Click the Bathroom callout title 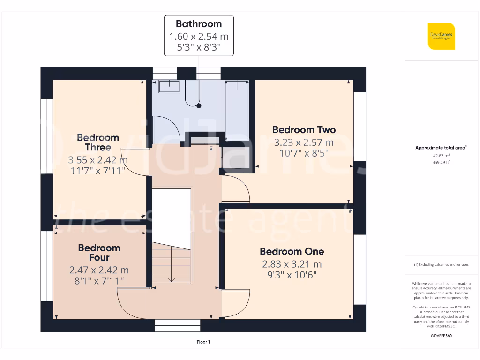pos(199,24)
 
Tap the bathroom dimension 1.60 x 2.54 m pos(199,37)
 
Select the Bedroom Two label pos(304,130)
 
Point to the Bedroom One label pos(292,251)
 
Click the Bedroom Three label pos(98,142)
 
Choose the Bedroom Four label pos(99,253)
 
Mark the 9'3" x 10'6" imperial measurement pos(292,275)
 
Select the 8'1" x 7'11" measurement pos(99,281)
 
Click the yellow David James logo pos(441,36)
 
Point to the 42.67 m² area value pos(441,155)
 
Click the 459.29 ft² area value pos(441,162)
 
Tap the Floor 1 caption pos(203,342)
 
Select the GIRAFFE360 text pos(441,336)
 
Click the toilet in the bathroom pos(192,93)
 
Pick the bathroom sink pos(169,86)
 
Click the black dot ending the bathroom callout pos(199,106)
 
